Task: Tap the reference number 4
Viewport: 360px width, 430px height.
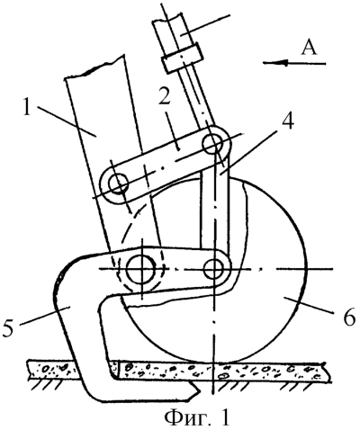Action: (x=286, y=120)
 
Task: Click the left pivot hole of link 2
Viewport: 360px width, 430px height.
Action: (x=119, y=184)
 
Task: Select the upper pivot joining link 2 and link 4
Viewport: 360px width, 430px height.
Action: (x=213, y=141)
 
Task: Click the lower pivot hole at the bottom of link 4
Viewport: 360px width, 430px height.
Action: (x=213, y=268)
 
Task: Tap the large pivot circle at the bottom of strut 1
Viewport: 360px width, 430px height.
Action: (x=141, y=269)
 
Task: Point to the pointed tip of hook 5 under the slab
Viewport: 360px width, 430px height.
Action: (x=199, y=390)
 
